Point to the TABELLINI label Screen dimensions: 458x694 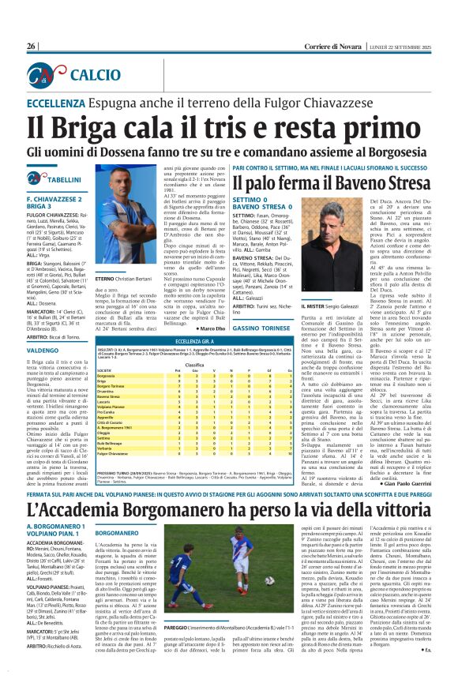point(63,180)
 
